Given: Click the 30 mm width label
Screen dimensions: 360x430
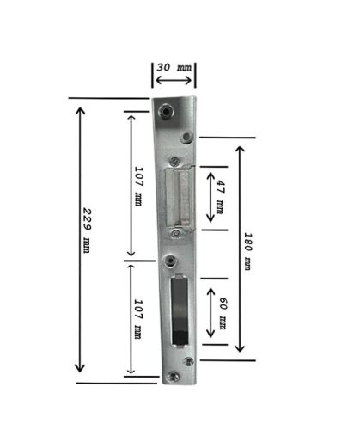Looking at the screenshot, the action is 174,68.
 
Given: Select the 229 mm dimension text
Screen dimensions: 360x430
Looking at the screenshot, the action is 87,230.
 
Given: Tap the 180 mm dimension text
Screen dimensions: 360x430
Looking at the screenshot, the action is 247,251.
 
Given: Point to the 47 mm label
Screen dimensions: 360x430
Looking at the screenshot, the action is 220,197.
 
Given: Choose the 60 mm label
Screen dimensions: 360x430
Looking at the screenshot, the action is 223,313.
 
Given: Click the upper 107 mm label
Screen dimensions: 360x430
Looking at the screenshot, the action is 138,186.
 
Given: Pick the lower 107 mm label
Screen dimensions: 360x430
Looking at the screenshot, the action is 138,319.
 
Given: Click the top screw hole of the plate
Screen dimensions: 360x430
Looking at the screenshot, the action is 166,111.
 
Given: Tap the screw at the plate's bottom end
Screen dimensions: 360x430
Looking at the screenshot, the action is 174,377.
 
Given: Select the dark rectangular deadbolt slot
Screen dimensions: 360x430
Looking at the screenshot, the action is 180,310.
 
